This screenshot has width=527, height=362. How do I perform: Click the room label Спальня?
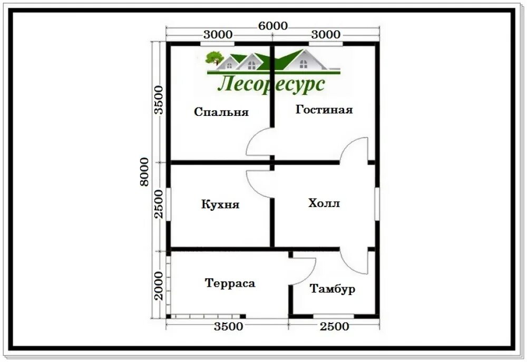click(x=221, y=112)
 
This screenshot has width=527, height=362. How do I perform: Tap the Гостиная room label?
click(x=324, y=110)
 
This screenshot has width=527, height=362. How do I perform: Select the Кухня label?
click(x=220, y=204)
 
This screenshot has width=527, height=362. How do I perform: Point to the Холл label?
click(x=324, y=203)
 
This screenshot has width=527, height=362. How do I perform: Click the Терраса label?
click(x=230, y=283)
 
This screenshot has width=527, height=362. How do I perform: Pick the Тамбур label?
click(x=333, y=289)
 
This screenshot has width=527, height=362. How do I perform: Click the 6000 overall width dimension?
click(x=272, y=25)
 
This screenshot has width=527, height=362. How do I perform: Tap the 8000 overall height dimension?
click(x=144, y=171)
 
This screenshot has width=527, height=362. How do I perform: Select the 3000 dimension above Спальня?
click(x=218, y=34)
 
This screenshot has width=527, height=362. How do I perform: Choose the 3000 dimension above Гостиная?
click(x=326, y=34)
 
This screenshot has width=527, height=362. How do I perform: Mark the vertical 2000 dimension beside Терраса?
click(x=158, y=286)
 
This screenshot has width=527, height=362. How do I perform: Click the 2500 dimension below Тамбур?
click(x=334, y=326)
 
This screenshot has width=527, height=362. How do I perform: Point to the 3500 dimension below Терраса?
click(x=229, y=326)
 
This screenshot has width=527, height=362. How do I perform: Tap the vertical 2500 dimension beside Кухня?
click(x=158, y=204)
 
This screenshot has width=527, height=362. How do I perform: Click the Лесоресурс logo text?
click(x=271, y=84)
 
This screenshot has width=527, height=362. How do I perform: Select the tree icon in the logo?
click(x=214, y=58)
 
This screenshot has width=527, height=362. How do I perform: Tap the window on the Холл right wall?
click(x=377, y=204)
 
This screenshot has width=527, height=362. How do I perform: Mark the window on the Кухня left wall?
click(x=169, y=204)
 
